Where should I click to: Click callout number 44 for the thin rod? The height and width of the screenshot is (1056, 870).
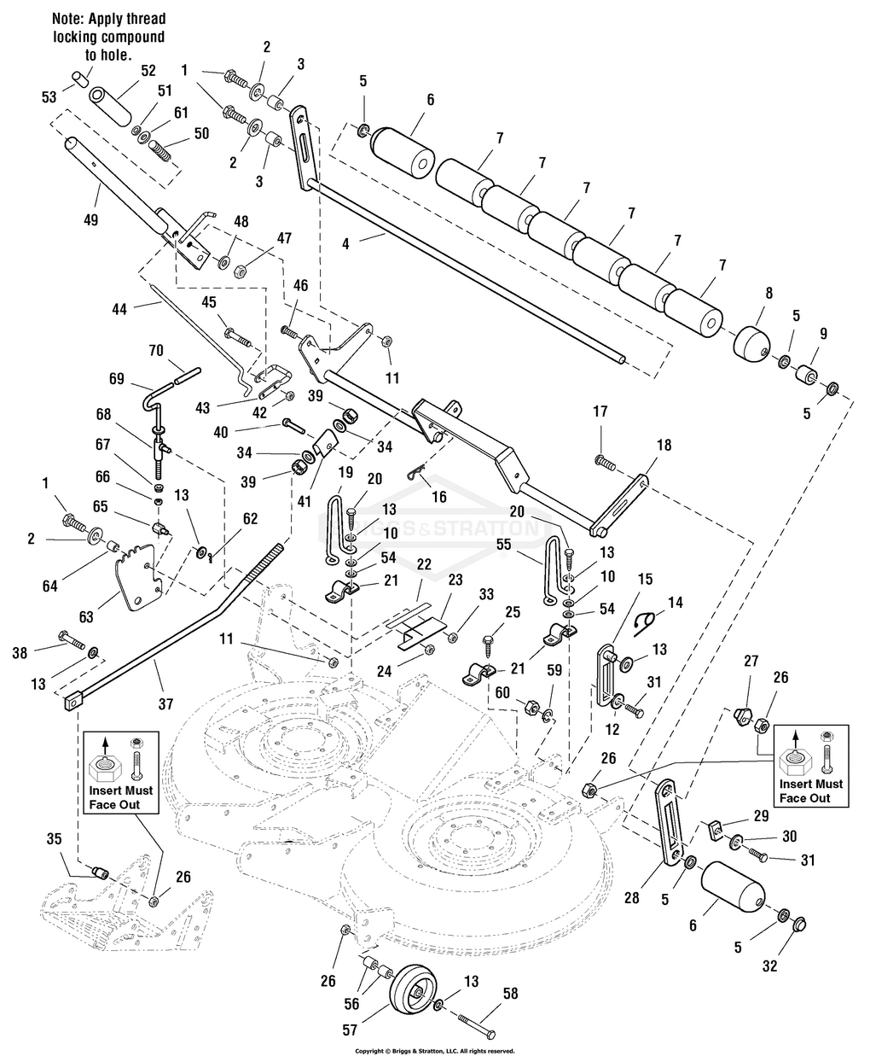click(x=119, y=309)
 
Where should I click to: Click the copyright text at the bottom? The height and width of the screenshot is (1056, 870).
click(x=434, y=1051)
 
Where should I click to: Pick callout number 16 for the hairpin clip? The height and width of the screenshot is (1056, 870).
click(x=439, y=496)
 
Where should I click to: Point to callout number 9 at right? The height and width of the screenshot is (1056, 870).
click(x=822, y=333)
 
